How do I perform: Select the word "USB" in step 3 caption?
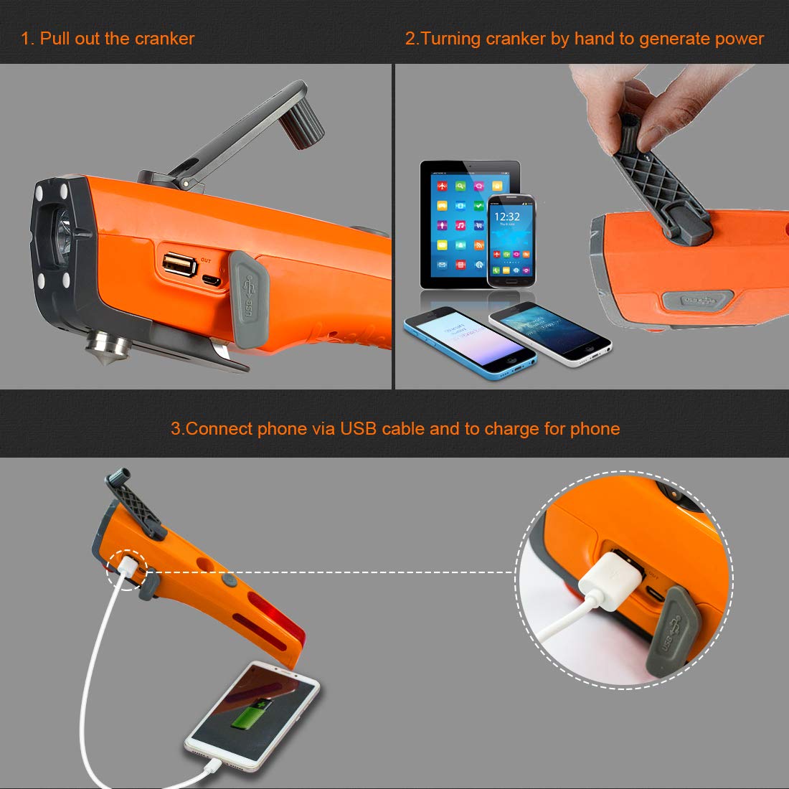(x=358, y=429)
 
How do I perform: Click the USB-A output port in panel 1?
(x=179, y=265)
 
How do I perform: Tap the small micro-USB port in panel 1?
(x=212, y=280)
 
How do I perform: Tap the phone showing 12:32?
(x=511, y=240)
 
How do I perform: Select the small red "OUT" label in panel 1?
(x=206, y=260)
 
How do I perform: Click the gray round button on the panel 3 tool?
(x=229, y=578)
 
